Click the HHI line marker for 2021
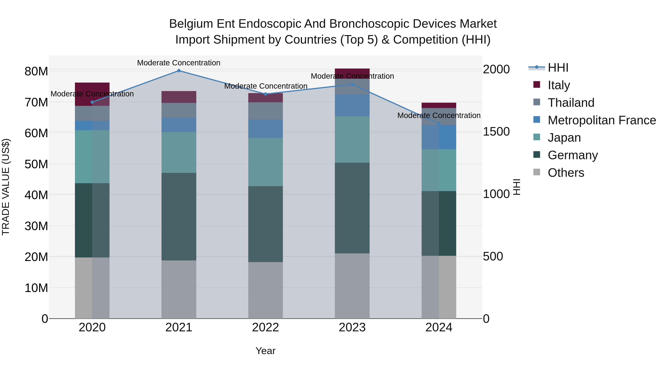click(179, 71)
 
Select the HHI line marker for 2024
click(439, 124)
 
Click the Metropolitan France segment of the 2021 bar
click(179, 125)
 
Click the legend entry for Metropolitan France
click(601, 120)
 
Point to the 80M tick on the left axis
click(36, 71)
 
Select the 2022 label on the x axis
click(265, 327)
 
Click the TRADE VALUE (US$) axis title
click(6, 187)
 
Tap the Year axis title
click(265, 351)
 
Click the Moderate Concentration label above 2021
click(179, 63)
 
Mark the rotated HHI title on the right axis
click(516, 187)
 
